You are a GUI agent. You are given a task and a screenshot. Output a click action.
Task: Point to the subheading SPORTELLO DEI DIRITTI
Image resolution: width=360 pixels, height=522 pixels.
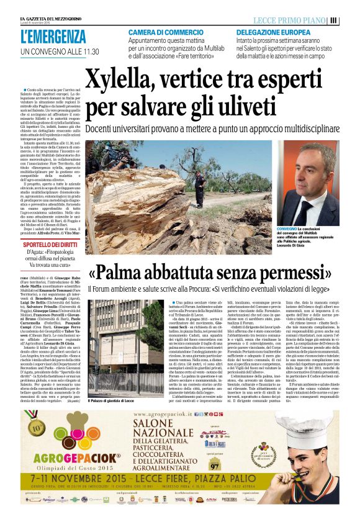(x=42, y=245)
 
